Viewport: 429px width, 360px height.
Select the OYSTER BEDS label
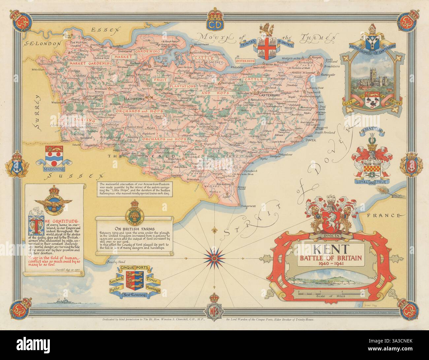[x=273, y=61]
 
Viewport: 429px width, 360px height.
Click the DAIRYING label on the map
[x=84, y=121]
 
